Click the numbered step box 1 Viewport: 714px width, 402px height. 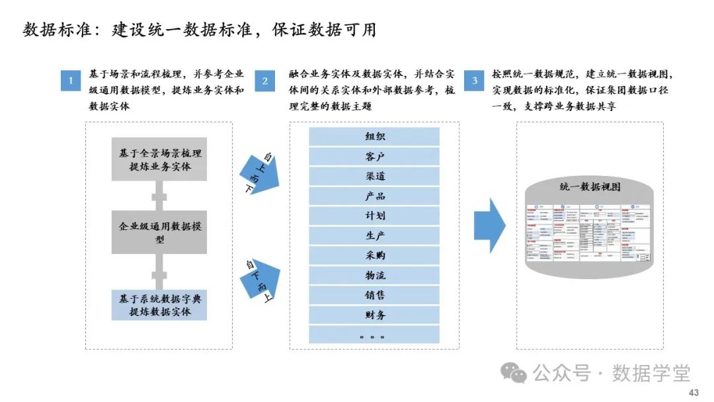(70, 81)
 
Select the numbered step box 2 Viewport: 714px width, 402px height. (265, 81)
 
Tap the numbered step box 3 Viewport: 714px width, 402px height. (474, 81)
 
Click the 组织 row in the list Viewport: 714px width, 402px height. (375, 137)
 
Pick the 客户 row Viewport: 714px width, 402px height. (375, 157)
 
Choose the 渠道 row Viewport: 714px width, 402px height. (375, 177)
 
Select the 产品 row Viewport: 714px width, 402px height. (375, 196)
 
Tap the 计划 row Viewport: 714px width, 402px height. (375, 216)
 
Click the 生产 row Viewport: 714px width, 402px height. (375, 235)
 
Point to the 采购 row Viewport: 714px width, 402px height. (375, 255)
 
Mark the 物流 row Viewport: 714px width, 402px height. (375, 275)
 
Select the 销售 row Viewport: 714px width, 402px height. (375, 295)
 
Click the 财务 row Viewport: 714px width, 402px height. (375, 315)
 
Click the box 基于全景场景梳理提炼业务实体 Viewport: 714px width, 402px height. (159, 159)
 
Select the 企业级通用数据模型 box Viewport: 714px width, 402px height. (159, 233)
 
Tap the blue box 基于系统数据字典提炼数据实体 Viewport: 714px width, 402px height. (159, 305)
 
